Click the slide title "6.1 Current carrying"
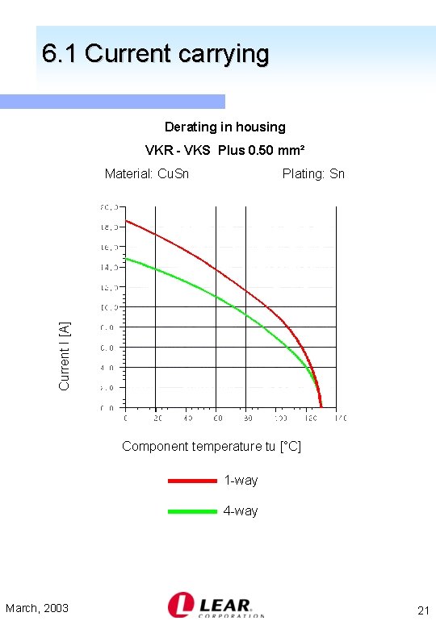click(x=155, y=54)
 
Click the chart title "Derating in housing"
click(x=224, y=127)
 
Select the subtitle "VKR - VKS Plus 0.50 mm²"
click(x=224, y=150)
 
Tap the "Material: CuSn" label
click(x=147, y=173)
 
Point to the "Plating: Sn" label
click(x=313, y=173)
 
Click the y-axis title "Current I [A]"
click(x=65, y=356)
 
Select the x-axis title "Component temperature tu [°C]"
click(x=211, y=446)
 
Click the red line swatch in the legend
click(x=192, y=481)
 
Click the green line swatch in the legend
click(x=192, y=511)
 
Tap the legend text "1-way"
click(x=241, y=481)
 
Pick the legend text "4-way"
click(x=241, y=511)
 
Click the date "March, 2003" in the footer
click(x=37, y=608)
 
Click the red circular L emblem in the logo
click(x=179, y=605)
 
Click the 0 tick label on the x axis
click(x=125, y=419)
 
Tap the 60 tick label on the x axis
click(x=217, y=419)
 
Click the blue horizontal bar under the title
click(x=112, y=102)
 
